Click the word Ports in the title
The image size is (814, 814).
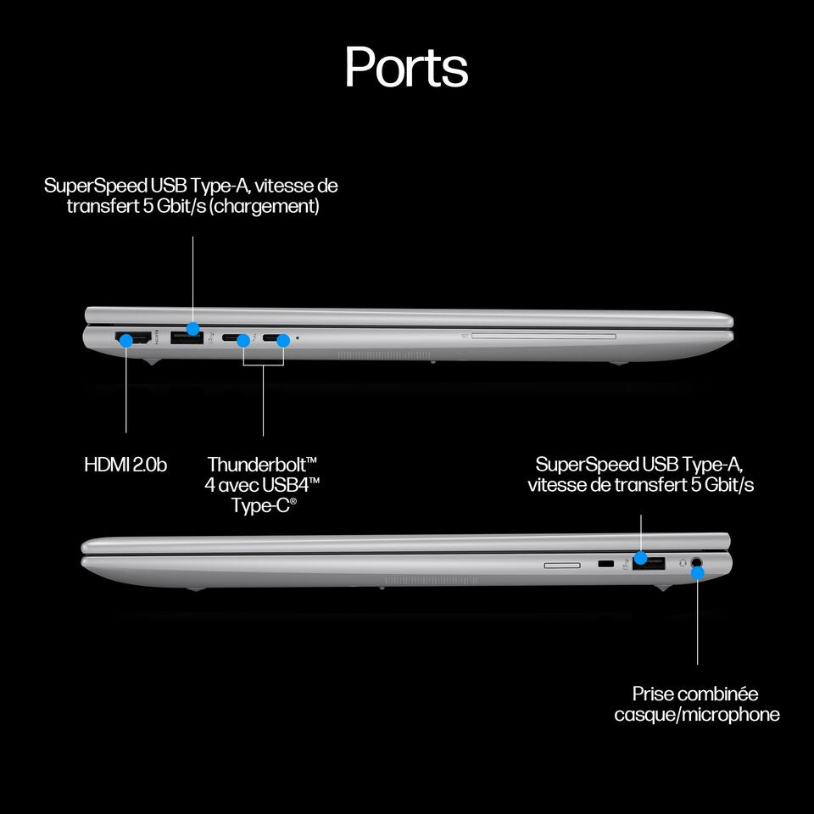tap(406, 67)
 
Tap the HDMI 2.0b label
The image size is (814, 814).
tap(125, 465)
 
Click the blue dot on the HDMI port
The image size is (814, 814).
tap(126, 340)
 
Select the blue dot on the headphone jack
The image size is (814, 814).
tap(697, 572)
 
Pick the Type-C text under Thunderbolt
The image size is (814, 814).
tap(261, 505)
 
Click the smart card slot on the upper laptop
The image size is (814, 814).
tap(543, 337)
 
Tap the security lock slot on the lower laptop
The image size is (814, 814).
tap(605, 564)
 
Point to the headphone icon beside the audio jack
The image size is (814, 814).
tap(683, 561)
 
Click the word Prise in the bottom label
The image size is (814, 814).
tap(654, 694)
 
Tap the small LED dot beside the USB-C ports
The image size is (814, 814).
tap(298, 338)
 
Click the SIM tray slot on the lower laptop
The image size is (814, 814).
tap(562, 563)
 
